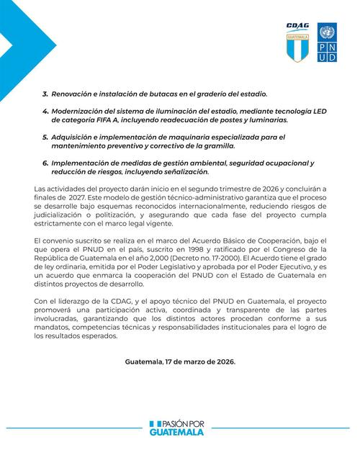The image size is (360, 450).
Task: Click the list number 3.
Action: pyautogui.click(x=45, y=94)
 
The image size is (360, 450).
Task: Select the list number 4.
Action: pyautogui.click(x=45, y=112)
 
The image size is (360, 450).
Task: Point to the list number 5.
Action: pyautogui.click(x=45, y=136)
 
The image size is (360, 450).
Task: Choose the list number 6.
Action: pyautogui.click(x=45, y=163)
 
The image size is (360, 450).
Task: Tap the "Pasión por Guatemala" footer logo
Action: pyautogui.click(x=179, y=428)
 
